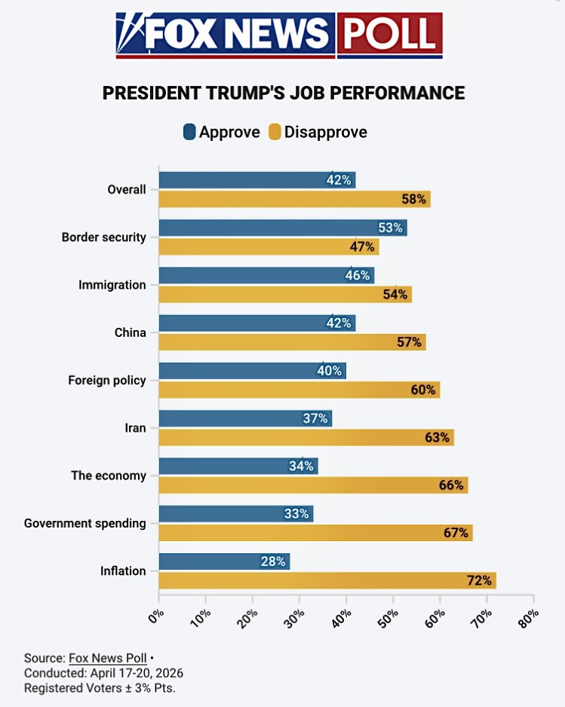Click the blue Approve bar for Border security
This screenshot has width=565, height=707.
[x=282, y=228]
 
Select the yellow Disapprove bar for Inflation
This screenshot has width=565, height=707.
[x=327, y=580]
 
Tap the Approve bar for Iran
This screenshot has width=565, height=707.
[x=244, y=418]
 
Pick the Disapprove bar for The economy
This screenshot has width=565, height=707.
[x=312, y=485]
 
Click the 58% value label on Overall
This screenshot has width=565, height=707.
[x=414, y=200]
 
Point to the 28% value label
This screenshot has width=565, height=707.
[x=273, y=562]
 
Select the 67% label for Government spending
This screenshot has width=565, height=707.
[x=456, y=533]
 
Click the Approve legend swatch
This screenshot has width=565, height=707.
[x=189, y=133]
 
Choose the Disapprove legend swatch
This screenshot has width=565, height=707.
[x=275, y=133]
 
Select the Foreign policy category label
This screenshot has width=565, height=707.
[x=106, y=380]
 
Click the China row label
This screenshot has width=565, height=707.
[x=130, y=332]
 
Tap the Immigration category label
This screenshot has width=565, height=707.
[x=112, y=285]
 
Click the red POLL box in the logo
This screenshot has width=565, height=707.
[x=388, y=35]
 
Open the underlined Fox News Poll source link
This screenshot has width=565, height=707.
[x=107, y=657]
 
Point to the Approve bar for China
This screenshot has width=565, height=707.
[x=256, y=323]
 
